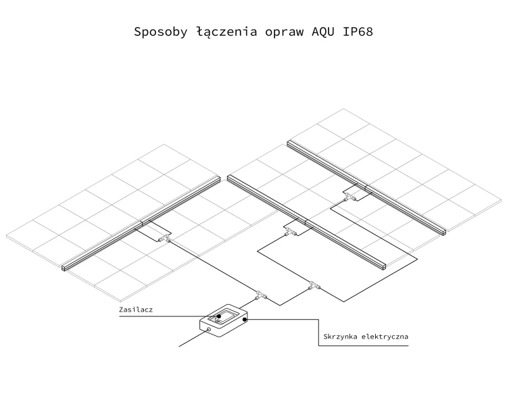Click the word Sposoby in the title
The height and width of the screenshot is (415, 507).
[161, 32]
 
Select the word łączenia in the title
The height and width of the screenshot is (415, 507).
[226, 32]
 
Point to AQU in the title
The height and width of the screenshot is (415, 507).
[323, 32]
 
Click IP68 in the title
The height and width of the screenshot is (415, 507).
[358, 32]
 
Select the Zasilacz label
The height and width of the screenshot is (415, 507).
[136, 310]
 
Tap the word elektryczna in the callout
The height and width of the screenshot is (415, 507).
[385, 337]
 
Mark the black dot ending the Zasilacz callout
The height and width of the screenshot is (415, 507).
[219, 316]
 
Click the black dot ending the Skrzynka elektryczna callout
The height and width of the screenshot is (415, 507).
[245, 319]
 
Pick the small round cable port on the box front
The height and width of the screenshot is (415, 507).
[209, 330]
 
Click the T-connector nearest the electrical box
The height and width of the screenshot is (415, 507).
[261, 295]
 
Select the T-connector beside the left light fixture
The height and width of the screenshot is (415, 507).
[164, 239]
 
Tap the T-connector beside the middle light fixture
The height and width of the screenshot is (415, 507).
[291, 232]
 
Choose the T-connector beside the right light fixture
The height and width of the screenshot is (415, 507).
[350, 197]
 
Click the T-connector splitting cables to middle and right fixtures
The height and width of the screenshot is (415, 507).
[314, 285]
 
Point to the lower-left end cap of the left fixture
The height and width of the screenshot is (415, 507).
[64, 268]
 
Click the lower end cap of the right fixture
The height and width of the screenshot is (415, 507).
[444, 232]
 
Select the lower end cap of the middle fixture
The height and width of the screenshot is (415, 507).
[384, 266]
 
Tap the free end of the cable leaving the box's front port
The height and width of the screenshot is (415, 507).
[179, 347]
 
